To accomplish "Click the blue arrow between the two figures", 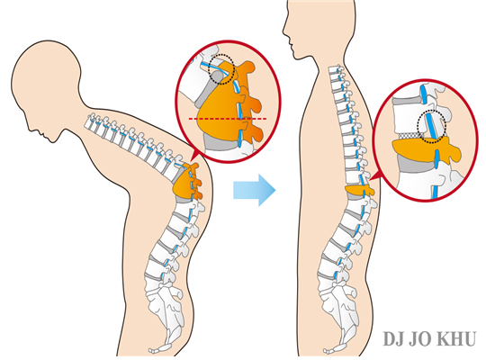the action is [x=254, y=190].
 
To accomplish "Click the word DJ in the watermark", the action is [x=393, y=339].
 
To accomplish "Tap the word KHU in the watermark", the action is [x=458, y=339].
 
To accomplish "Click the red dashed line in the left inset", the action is [x=228, y=119].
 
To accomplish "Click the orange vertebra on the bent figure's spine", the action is [x=187, y=183].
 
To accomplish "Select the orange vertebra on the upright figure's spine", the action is [x=359, y=190].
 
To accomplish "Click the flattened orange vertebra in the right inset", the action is [x=427, y=149].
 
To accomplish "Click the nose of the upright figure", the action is [x=284, y=31].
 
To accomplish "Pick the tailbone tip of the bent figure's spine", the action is [x=151, y=351].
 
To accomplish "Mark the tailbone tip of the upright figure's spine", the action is [x=326, y=351].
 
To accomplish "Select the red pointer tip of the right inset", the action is [x=370, y=180].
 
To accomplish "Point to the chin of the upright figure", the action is [x=296, y=58].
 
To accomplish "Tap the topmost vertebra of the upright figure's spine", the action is [x=337, y=69].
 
